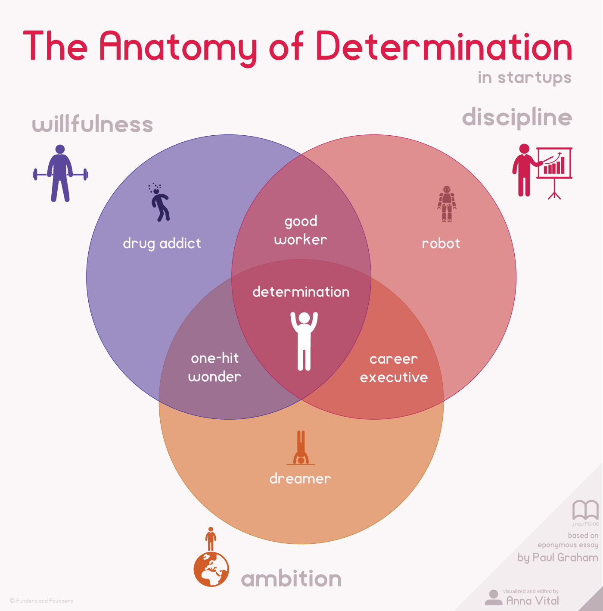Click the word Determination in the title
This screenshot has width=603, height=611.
(444, 46)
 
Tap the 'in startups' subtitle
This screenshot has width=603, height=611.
(525, 78)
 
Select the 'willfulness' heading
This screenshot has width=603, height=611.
(92, 124)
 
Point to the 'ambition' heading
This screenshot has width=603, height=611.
(291, 578)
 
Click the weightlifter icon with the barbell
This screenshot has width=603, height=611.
(60, 173)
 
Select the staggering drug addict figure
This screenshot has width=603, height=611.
(159, 202)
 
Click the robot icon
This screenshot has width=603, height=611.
(447, 204)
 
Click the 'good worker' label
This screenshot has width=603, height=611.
(301, 231)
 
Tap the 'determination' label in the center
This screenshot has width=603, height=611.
(301, 292)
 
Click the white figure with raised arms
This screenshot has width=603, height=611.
(304, 341)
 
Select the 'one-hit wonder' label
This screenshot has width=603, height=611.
(214, 367)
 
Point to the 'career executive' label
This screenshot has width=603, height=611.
(394, 368)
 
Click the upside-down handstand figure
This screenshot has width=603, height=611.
(301, 448)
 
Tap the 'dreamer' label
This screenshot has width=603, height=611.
(300, 478)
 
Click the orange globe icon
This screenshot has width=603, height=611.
(211, 569)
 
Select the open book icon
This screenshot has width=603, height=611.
(585, 510)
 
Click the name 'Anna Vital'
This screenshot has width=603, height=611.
(533, 601)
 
